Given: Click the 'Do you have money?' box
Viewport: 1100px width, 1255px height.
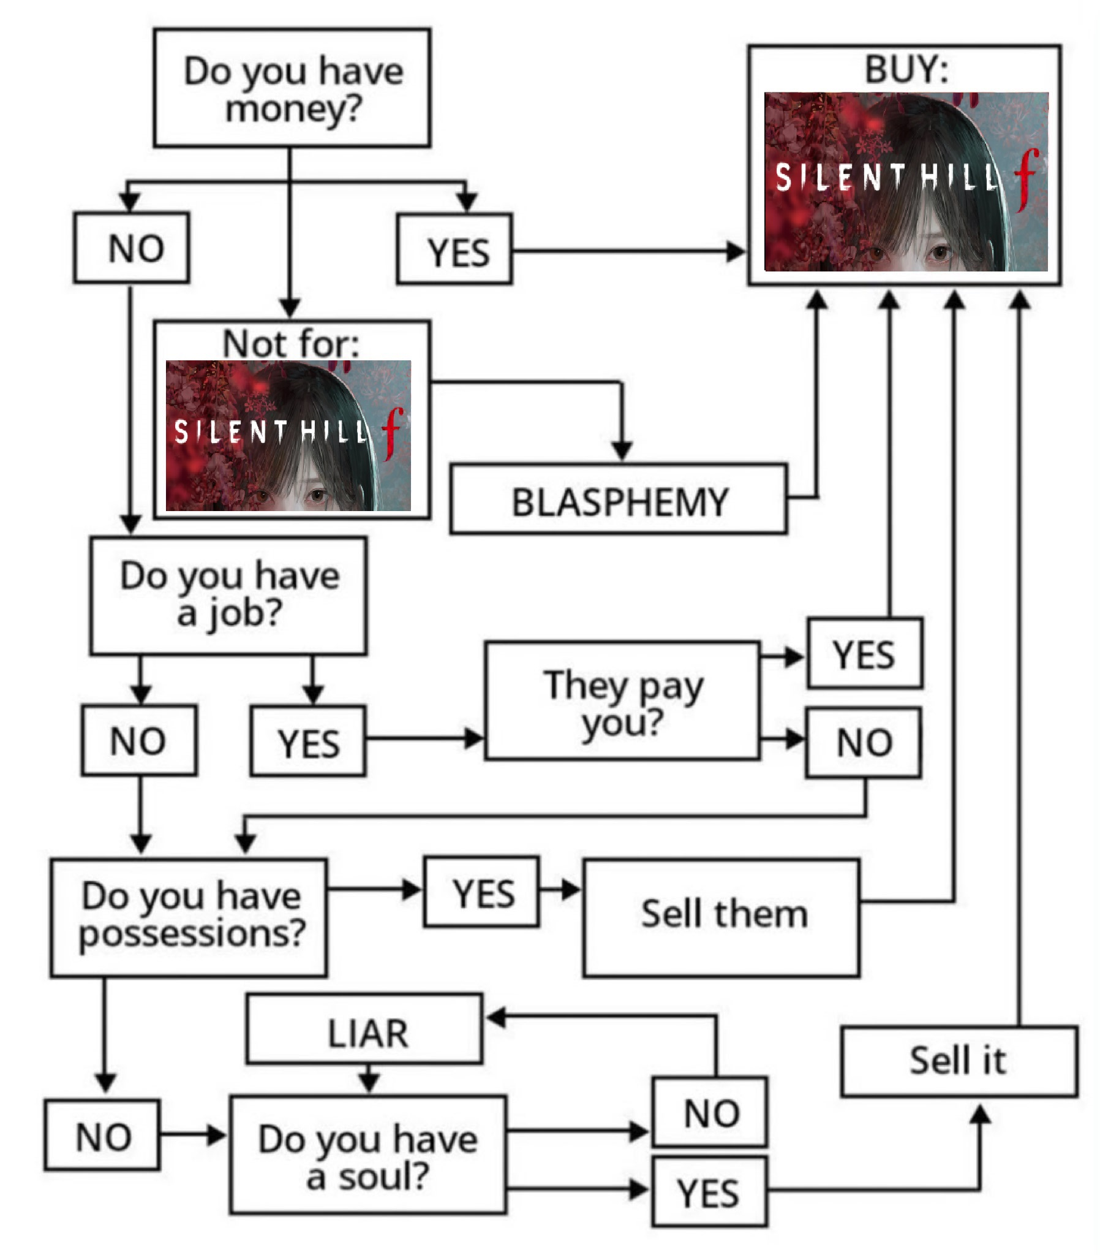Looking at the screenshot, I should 292,88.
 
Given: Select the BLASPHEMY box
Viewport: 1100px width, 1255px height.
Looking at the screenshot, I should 619,501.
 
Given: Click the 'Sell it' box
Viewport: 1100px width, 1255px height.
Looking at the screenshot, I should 959,1061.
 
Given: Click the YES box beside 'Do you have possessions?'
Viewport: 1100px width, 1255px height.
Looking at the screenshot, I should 482,892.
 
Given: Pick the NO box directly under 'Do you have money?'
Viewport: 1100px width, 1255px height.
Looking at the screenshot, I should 131,248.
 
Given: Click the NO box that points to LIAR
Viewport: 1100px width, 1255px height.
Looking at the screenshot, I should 710,1113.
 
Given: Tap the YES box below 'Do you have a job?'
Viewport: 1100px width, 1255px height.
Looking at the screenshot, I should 308,741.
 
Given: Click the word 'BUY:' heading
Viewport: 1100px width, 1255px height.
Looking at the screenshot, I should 906,69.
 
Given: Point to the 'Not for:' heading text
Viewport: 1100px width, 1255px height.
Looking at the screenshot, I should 291,343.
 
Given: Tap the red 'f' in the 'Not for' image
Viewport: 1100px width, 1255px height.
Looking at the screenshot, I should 393,432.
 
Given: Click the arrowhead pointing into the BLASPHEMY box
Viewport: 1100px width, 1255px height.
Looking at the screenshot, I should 622,450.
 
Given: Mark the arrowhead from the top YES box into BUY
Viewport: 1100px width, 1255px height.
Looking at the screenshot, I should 735,252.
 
